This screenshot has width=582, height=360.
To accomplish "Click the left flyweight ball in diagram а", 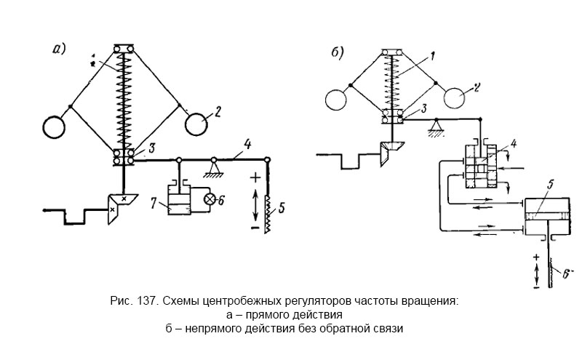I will click(55, 129).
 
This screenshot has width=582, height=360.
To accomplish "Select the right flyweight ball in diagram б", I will click(457, 97).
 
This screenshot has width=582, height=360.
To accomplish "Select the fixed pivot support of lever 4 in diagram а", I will click(215, 169).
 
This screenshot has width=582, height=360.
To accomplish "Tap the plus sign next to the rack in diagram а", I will click(255, 177).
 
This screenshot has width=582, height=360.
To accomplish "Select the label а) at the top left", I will click(59, 49).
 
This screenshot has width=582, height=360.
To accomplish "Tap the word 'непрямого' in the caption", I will click(218, 328).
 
